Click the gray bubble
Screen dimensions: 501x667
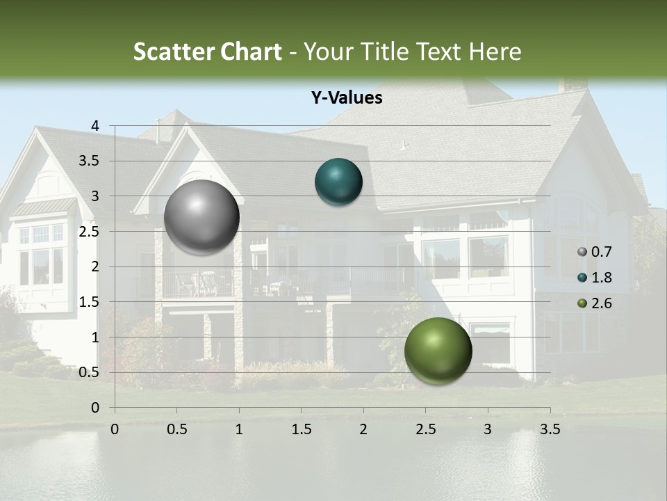tap(201, 217)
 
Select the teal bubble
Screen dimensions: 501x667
tap(338, 182)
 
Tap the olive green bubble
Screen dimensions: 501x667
tap(438, 351)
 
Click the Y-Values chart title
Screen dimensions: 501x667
tap(347, 98)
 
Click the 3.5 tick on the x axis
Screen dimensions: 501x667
tap(550, 429)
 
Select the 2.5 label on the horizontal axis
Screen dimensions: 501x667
tap(425, 429)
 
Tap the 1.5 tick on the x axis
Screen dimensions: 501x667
tap(301, 429)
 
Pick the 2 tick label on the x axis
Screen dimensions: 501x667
tap(363, 429)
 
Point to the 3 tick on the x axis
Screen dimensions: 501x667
tap(488, 429)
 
